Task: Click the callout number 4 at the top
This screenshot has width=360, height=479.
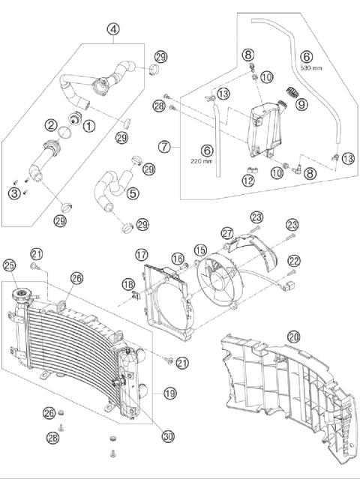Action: pos(112,29)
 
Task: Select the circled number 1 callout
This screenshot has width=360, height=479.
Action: pos(89,127)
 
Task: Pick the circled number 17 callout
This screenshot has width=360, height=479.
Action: pos(141,255)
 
